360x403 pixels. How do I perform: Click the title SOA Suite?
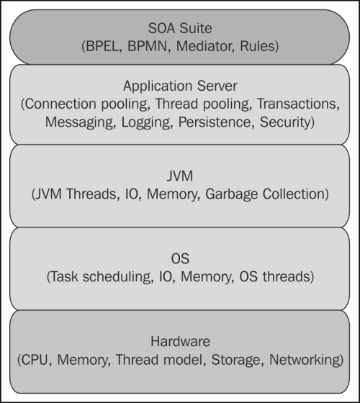coord(180,28)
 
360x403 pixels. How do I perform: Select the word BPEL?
coord(102,46)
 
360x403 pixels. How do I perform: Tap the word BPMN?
coord(148,46)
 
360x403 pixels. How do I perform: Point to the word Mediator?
coord(205,46)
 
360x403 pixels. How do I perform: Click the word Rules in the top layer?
coord(257,46)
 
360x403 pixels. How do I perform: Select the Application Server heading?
coord(180,86)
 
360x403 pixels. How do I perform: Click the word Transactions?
coord(297,104)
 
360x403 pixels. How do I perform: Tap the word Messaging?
coord(79,122)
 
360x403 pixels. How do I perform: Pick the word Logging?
coord(145,122)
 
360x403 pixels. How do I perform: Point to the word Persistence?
coord(215,122)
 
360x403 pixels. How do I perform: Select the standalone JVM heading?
coord(180,176)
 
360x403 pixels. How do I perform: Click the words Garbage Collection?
coord(265,194)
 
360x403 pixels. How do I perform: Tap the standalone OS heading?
coord(180,258)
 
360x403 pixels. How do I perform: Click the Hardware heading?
coord(180,342)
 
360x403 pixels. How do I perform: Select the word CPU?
coord(35,360)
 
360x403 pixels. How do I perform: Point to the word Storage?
coord(235,360)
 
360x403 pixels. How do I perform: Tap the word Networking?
coord(304,360)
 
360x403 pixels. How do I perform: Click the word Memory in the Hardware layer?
coord(82,360)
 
